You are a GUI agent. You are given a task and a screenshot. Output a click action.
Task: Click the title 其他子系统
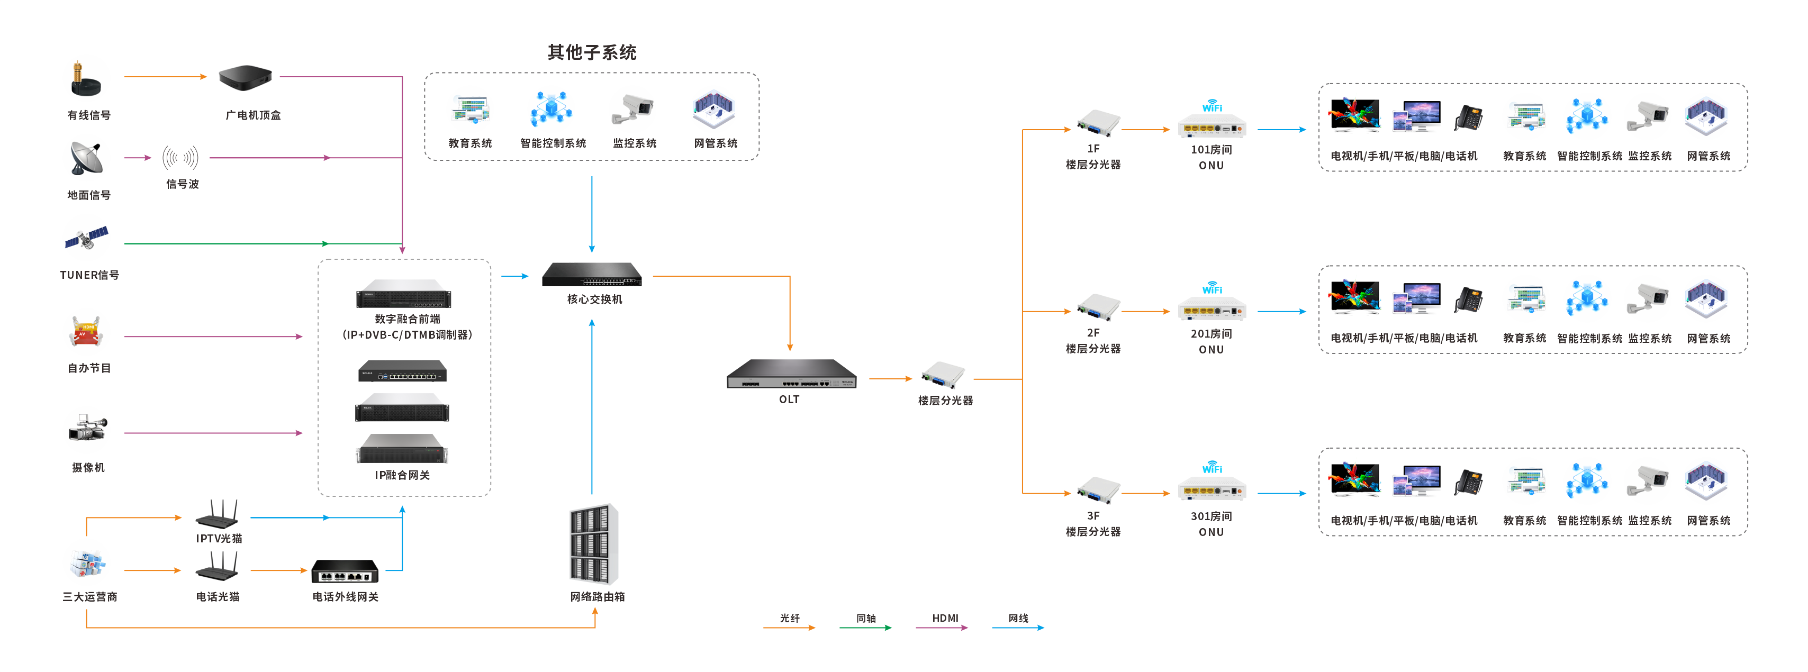coord(592,52)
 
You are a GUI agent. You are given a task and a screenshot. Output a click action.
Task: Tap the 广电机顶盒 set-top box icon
coord(245,78)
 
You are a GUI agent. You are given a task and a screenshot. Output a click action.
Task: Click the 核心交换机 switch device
coord(592,274)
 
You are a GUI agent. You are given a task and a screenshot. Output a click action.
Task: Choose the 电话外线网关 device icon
coord(345,571)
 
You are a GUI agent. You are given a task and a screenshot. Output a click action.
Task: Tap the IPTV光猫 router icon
coord(218,514)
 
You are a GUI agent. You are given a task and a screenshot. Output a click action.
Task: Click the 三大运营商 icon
coord(88,564)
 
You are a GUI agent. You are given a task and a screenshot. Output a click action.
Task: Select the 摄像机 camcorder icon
coord(88,428)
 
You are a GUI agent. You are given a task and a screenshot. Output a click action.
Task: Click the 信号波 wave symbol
coord(180,158)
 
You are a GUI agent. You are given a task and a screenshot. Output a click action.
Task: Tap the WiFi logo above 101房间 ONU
coord(1212,106)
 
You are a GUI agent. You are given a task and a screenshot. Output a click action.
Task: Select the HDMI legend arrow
coord(942,628)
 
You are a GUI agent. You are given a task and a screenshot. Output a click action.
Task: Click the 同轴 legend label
coord(865,618)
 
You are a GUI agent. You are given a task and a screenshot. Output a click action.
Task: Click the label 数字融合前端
coord(407,319)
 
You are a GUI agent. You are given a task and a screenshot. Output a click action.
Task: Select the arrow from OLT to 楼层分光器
coord(890,379)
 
